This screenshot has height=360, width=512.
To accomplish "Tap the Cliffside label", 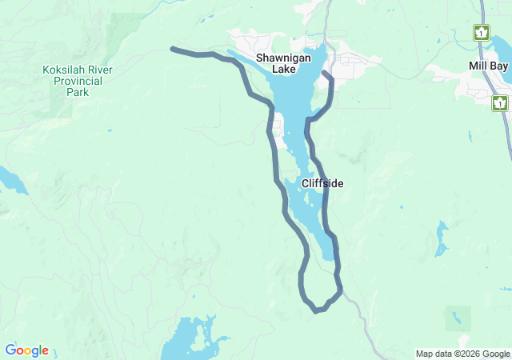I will click(322, 183).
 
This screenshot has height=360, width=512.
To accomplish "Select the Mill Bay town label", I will click(488, 66).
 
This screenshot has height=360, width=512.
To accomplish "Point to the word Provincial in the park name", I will click(77, 81).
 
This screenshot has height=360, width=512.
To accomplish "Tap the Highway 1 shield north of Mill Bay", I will click(481, 33).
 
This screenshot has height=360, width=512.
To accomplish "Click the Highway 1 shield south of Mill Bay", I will click(500, 102).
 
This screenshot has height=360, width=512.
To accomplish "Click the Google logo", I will click(26, 350).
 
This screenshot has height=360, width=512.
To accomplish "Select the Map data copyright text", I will click(462, 354).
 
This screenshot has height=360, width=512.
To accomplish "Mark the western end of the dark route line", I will click(173, 49).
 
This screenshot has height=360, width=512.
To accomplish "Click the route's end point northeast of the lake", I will click(323, 74).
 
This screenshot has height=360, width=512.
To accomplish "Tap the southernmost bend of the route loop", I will click(317, 310).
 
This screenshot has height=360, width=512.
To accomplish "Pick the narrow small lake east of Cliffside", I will click(442, 238).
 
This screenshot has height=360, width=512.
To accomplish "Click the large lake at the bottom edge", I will click(190, 340).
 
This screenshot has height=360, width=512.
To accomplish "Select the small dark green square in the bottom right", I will click(458, 318).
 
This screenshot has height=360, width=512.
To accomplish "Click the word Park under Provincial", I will click(78, 92).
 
